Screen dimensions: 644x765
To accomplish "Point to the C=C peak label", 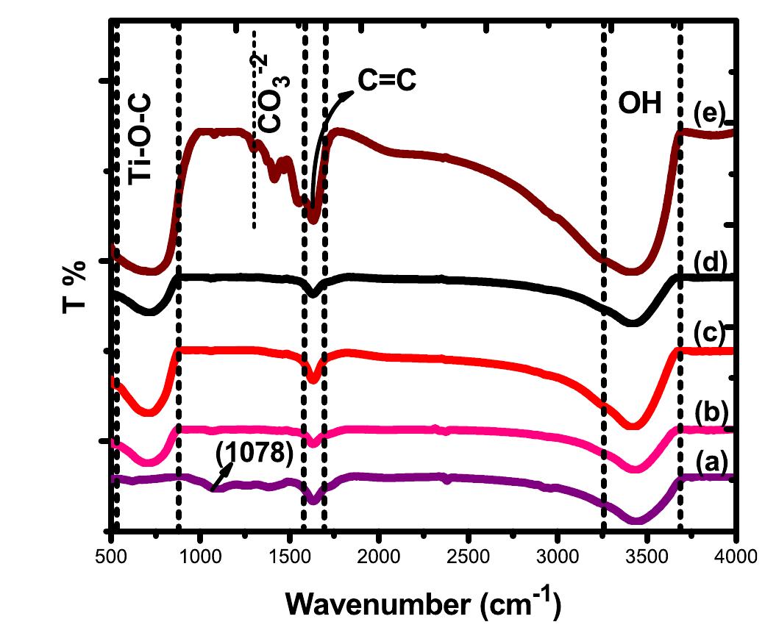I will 387,81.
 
